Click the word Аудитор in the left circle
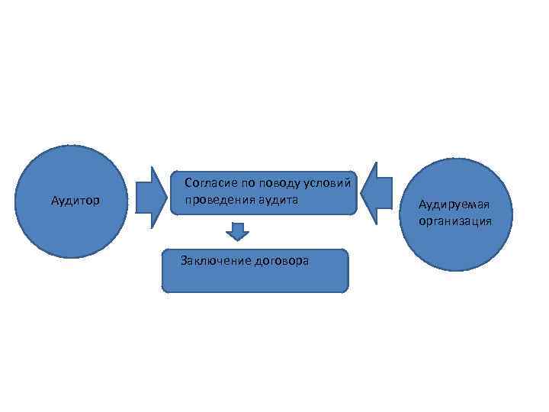(75, 201)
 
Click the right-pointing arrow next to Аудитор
(151, 198)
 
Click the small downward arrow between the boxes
(238, 231)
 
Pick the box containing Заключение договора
(255, 279)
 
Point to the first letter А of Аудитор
(55, 201)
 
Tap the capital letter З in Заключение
(183, 261)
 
